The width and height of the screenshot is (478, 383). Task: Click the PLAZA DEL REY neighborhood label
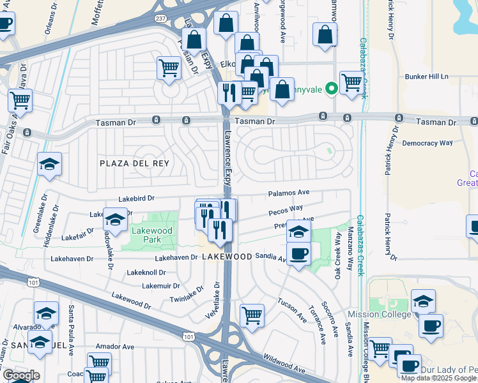point(135,163)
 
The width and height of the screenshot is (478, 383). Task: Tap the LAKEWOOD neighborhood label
point(227,256)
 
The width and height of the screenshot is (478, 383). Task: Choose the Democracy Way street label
point(428,144)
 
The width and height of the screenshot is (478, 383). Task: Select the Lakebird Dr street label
point(135,199)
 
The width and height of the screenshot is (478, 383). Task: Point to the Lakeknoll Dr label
point(146,273)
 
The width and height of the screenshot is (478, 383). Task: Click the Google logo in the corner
point(21,375)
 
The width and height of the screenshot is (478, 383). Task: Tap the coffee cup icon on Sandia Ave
point(298,255)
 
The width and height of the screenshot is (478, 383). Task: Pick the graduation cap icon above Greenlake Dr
point(49,164)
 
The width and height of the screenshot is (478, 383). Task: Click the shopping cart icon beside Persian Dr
point(169,66)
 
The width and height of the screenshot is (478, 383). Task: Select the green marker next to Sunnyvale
point(331,89)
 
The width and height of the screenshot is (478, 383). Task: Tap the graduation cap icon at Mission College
point(423,300)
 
